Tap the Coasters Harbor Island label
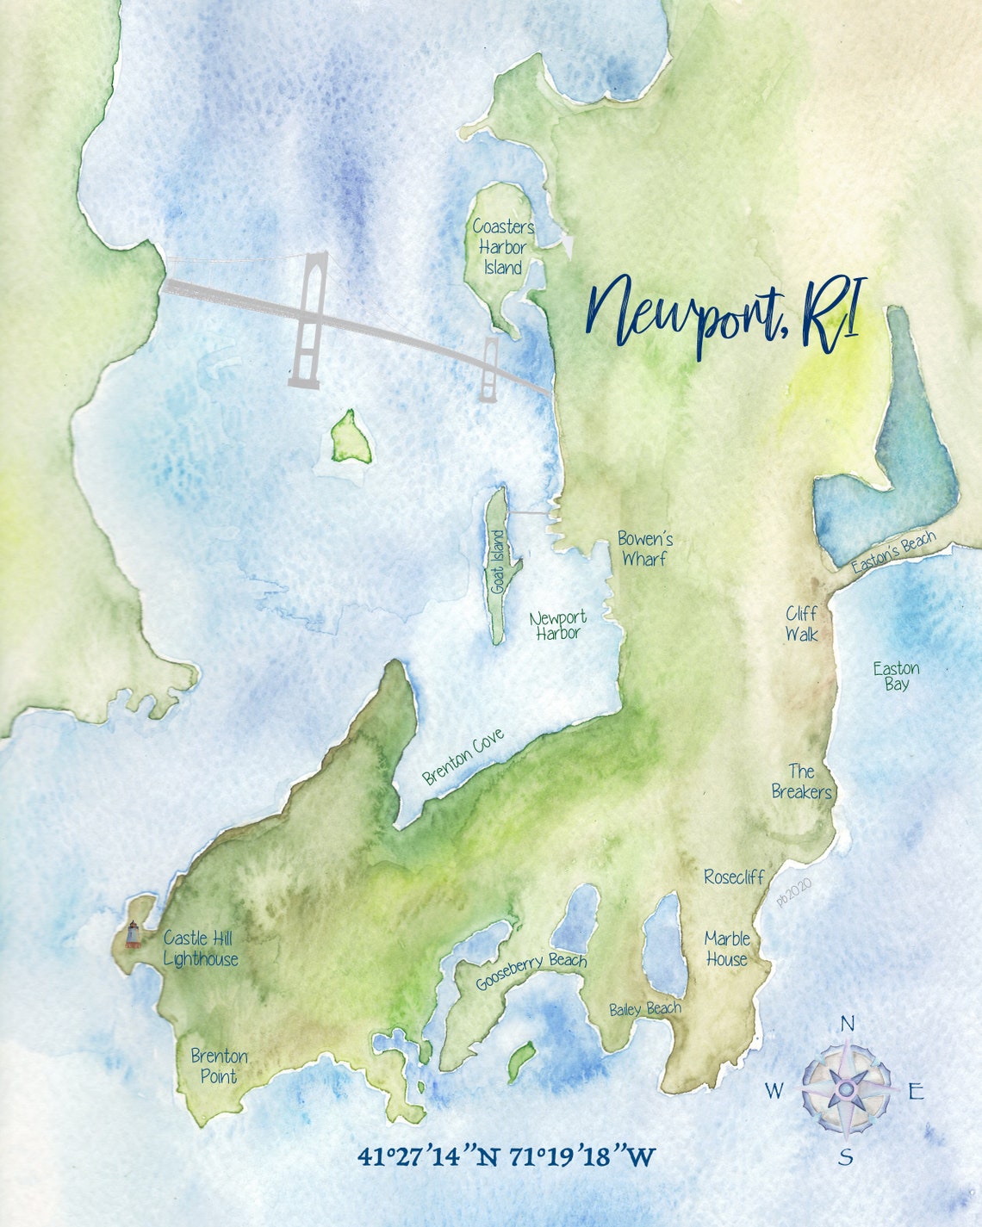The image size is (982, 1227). coord(503,247)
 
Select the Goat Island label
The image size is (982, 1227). coord(498,561)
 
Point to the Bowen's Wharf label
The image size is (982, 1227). coord(644,549)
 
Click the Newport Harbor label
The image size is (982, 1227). coord(558,625)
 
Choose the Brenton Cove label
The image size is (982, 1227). coord(463,756)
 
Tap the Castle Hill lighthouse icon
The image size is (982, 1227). coord(133,933)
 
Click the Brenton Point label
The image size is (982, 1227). coord(219,1066)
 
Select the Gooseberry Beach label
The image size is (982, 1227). coord(531,971)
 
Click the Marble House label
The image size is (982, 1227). coord(727,948)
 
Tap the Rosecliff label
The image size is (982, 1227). coord(734,877)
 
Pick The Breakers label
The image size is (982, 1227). coord(801,781)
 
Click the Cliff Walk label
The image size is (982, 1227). coord(801,624)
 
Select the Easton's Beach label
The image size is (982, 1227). coord(893,555)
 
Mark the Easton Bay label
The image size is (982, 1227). coord(896,676)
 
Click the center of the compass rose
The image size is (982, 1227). coord(846,1089)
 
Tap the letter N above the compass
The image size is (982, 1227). coord(847,1023)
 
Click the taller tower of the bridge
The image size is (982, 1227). coord(309,319)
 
